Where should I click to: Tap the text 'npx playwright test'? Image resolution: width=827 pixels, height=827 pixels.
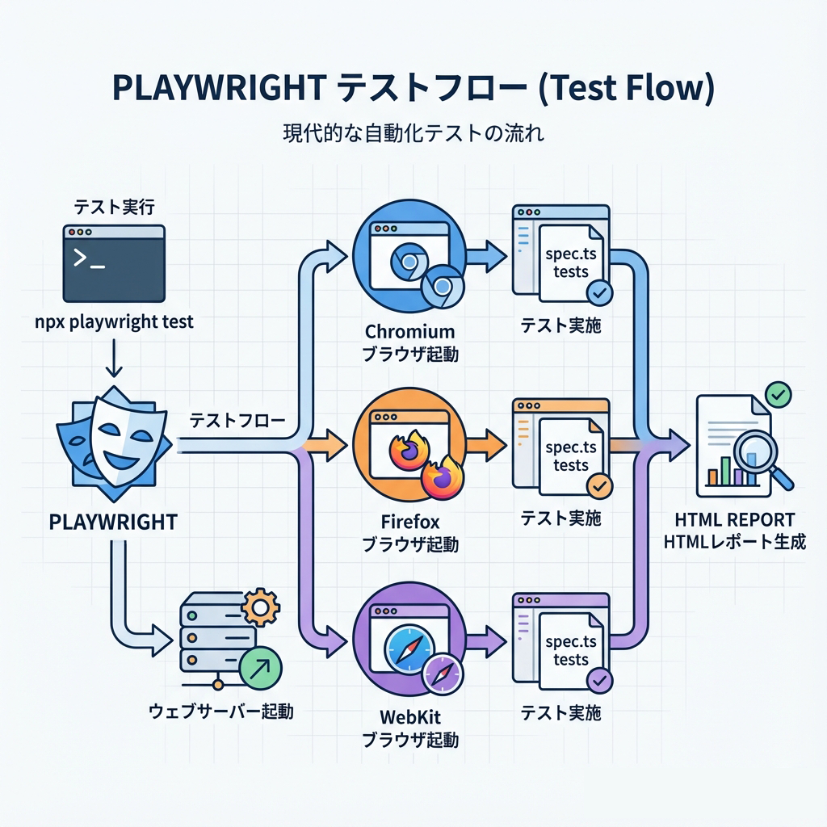click(115, 321)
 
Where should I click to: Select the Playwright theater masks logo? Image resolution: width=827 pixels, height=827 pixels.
click(114, 441)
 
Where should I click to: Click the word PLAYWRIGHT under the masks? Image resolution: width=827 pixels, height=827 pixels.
click(113, 522)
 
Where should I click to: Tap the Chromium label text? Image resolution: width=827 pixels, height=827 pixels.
click(409, 332)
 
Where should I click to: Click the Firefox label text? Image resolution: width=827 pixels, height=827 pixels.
click(409, 523)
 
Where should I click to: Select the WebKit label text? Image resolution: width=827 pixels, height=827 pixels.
click(409, 716)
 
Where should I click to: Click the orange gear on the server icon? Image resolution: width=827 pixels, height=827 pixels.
click(259, 606)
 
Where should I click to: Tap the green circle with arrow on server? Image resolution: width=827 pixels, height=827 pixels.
click(261, 667)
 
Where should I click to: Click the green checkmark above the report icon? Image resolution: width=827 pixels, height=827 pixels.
click(779, 395)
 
